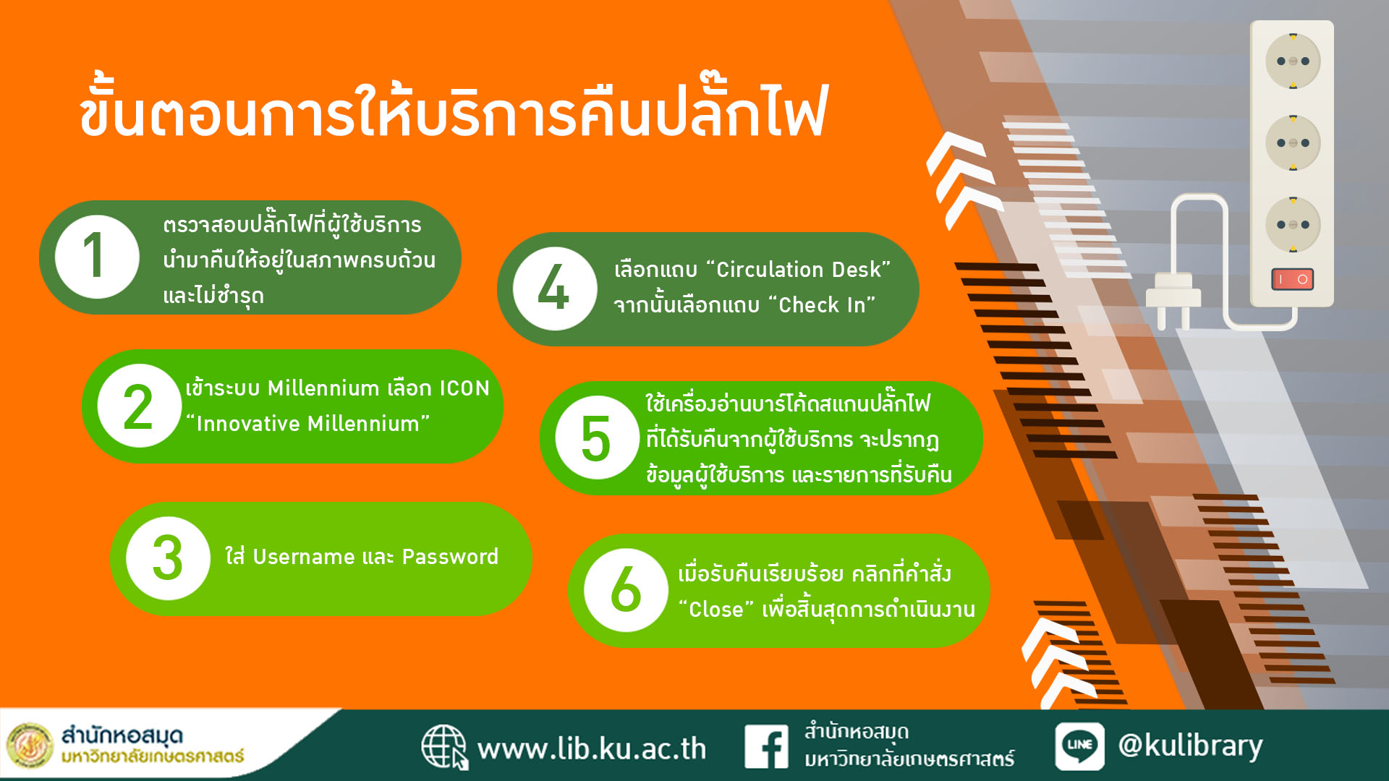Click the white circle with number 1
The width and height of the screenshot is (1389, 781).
(x=97, y=257)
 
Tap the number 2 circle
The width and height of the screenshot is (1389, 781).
(x=139, y=406)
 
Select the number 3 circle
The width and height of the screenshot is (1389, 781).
(x=168, y=558)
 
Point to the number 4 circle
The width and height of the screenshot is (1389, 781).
(x=555, y=289)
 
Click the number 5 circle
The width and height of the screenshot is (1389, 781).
(x=597, y=438)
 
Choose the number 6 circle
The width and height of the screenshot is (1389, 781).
(x=626, y=590)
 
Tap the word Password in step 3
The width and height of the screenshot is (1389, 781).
(x=450, y=557)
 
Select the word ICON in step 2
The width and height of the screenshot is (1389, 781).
(x=464, y=388)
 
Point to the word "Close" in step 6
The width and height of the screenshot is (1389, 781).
(x=716, y=609)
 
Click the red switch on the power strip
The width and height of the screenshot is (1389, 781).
(x=1293, y=279)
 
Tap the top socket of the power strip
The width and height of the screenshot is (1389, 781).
(x=1293, y=61)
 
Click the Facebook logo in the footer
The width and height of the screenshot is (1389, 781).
(x=766, y=747)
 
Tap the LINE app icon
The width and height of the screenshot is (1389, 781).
(x=1079, y=746)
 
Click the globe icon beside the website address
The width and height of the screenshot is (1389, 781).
(x=444, y=747)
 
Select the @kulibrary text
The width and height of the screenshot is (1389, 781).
(x=1190, y=746)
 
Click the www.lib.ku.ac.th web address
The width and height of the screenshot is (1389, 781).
(x=592, y=748)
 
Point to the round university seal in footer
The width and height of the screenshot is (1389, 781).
(x=30, y=746)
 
